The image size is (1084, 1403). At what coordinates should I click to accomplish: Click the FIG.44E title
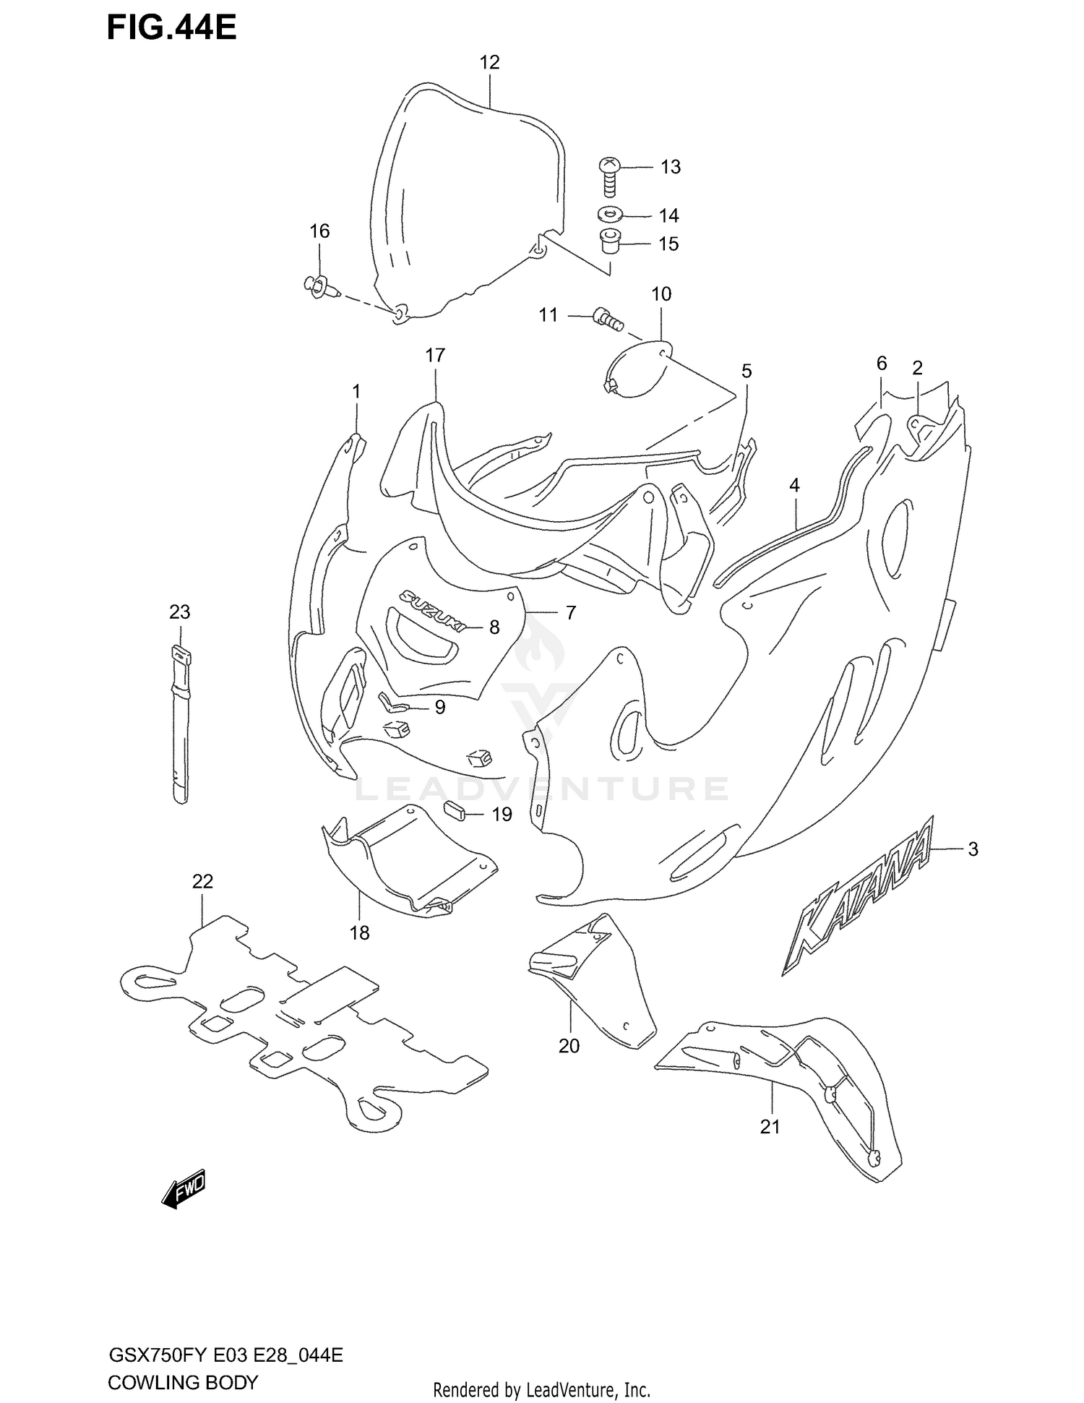click(x=172, y=27)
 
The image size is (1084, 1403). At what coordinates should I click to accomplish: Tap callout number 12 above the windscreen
click(x=489, y=62)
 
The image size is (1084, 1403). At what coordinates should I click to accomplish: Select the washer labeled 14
click(x=611, y=215)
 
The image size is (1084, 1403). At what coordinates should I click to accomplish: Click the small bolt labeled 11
click(x=608, y=319)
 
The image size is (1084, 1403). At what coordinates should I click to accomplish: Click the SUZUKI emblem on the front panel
click(x=430, y=609)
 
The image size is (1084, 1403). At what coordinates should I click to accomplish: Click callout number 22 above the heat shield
click(x=203, y=881)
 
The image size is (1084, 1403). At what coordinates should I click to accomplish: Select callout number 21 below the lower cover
click(x=770, y=1126)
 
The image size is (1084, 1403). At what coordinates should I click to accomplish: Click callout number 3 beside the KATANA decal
click(x=973, y=849)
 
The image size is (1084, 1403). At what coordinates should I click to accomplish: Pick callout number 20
click(x=569, y=1046)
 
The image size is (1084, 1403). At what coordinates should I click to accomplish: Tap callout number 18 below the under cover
click(x=359, y=933)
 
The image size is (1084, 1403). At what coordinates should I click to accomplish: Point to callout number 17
click(x=435, y=355)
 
